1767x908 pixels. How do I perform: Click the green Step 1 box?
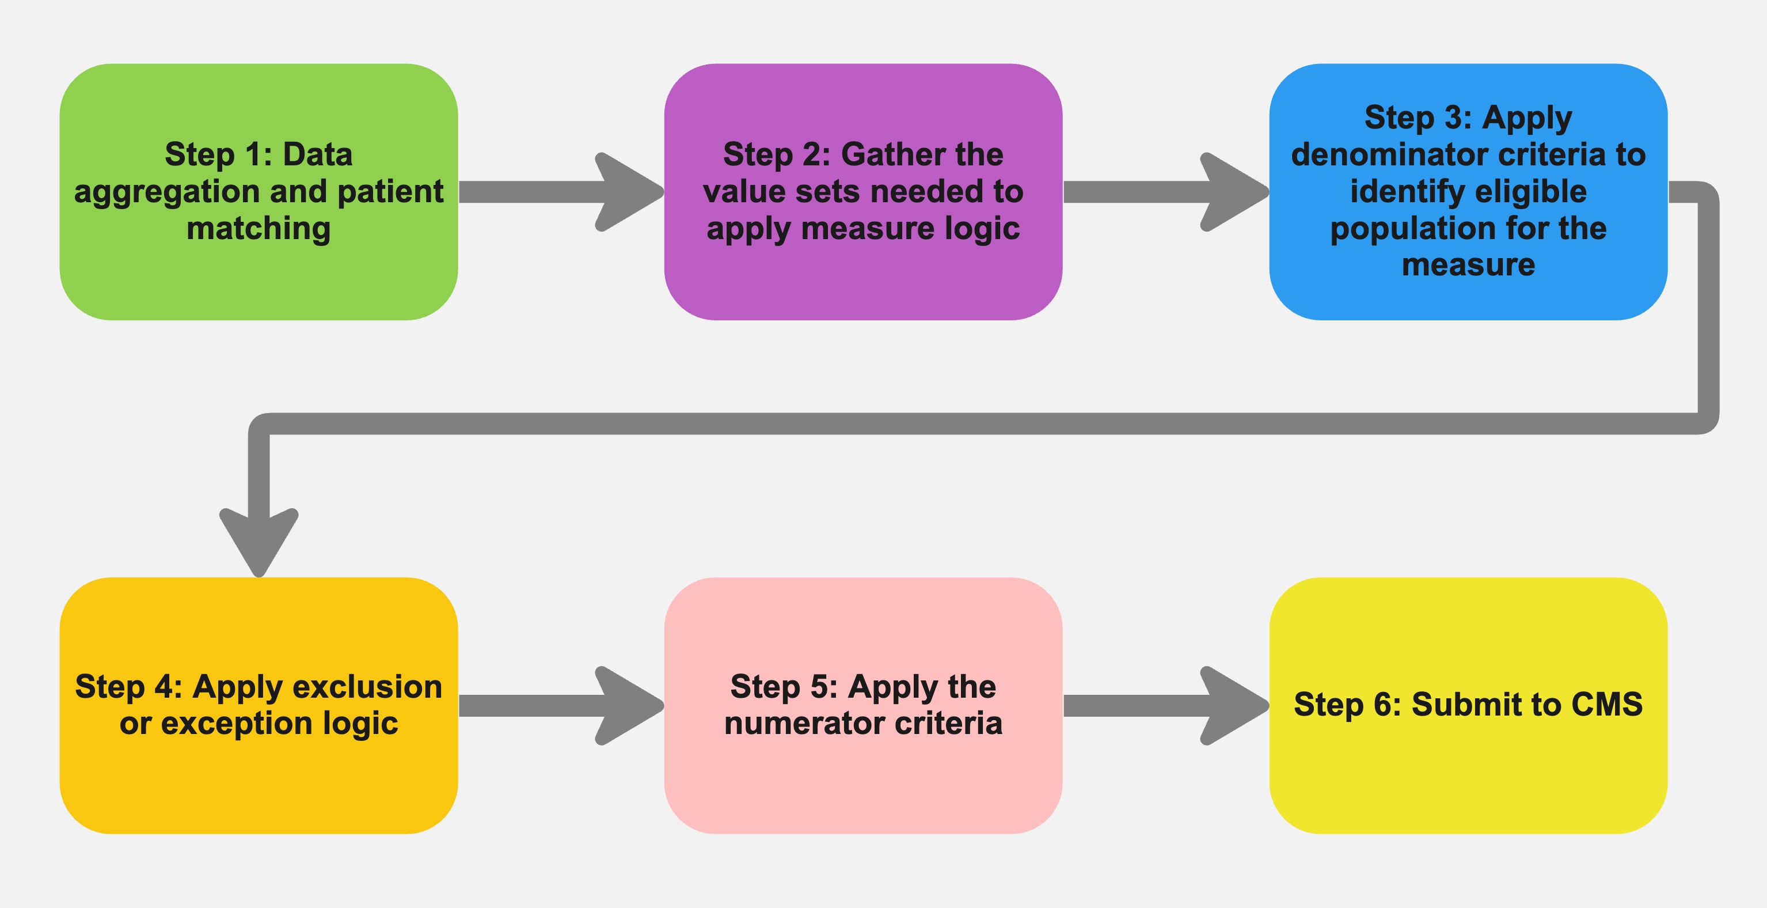point(259,274)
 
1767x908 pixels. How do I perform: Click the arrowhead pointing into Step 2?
point(628,192)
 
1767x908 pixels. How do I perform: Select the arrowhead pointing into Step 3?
point(1233,192)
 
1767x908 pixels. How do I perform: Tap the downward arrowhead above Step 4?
point(259,542)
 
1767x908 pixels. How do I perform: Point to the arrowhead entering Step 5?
point(628,706)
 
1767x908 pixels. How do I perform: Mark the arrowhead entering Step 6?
point(1233,706)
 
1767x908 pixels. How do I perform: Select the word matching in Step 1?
point(259,229)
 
